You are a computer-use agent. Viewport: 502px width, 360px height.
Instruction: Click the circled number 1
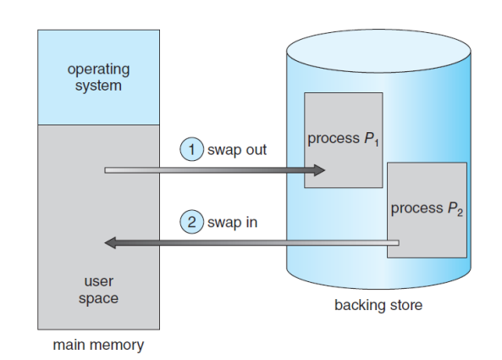(192, 149)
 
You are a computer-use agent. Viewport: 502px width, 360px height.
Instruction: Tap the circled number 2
(192, 222)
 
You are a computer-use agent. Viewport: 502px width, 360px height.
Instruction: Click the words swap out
(237, 150)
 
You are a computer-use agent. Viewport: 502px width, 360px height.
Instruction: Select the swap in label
(233, 222)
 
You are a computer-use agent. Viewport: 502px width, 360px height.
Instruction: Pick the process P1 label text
(343, 139)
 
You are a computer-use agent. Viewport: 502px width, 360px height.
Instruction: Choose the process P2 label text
(427, 208)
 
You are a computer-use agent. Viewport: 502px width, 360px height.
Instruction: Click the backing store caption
(378, 305)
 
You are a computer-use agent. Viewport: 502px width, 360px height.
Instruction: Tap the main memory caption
(98, 345)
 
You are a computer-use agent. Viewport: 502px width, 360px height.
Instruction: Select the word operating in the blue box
(98, 69)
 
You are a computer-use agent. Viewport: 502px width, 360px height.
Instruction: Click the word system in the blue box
(98, 86)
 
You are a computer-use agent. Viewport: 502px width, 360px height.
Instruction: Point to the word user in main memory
(98, 281)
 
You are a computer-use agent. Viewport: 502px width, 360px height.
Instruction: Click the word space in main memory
(98, 298)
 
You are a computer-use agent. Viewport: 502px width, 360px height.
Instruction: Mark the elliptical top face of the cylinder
(378, 51)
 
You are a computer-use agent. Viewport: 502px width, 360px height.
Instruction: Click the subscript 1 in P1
(377, 142)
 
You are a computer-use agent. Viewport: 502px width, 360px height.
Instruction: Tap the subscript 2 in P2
(460, 213)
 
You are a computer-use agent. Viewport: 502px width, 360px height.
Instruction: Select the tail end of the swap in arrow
(399, 243)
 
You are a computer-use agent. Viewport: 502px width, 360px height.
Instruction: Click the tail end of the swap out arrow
(105, 170)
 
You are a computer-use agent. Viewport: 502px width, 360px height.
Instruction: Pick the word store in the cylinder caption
(406, 305)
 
